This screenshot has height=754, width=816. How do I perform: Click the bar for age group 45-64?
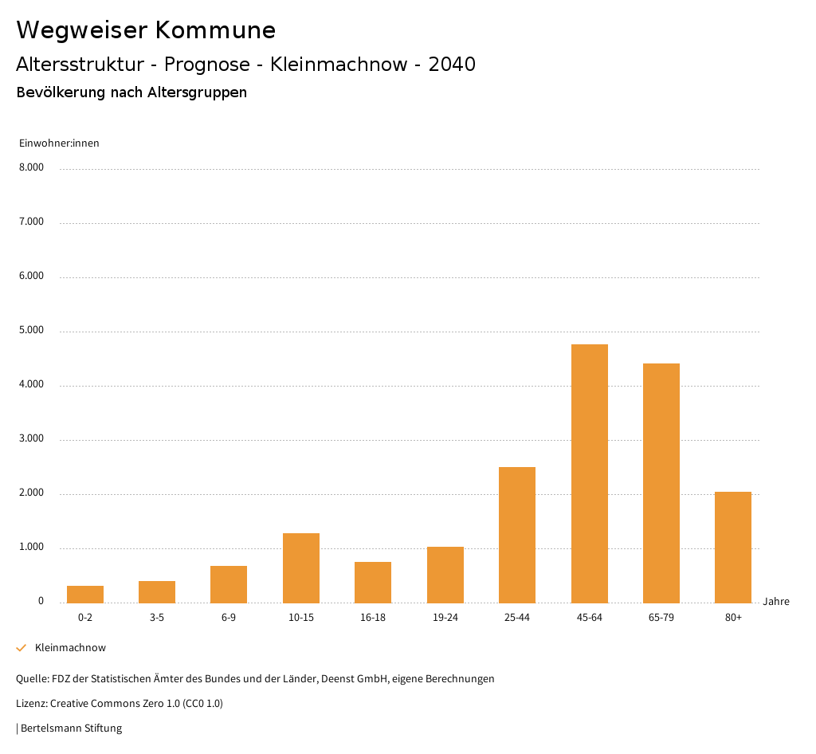tap(589, 473)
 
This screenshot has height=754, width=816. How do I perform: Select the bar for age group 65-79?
tap(661, 483)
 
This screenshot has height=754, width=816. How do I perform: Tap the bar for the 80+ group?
tap(733, 547)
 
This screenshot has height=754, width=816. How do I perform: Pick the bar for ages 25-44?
tap(517, 535)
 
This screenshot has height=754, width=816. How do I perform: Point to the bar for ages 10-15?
tap(301, 567)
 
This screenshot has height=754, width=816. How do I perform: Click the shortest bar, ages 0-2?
tap(85, 594)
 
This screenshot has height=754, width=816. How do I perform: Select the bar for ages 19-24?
tap(445, 575)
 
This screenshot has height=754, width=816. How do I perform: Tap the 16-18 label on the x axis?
tap(373, 618)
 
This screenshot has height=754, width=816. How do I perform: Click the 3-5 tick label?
tap(157, 618)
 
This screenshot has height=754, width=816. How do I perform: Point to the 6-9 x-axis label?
tap(229, 618)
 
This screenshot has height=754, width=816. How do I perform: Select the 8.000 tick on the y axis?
tap(31, 167)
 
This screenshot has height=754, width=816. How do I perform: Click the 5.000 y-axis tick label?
tap(31, 330)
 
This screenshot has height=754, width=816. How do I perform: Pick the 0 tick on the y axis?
tap(41, 601)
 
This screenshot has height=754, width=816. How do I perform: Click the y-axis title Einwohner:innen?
tap(59, 143)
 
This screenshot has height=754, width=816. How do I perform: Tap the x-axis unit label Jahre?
tap(776, 602)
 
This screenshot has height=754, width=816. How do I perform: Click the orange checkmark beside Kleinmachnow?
tap(22, 648)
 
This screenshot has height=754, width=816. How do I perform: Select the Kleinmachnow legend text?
tap(70, 648)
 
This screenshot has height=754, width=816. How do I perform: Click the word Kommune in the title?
tap(215, 30)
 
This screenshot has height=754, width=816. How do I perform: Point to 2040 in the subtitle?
tap(452, 65)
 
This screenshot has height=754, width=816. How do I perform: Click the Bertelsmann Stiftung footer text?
tap(71, 728)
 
